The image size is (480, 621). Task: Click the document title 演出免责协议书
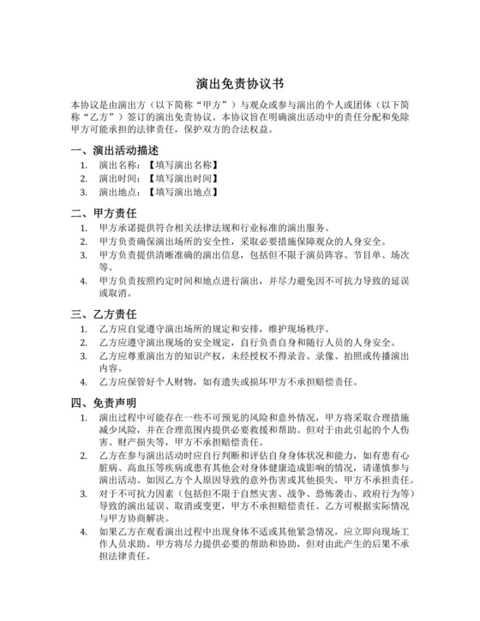[239, 85]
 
